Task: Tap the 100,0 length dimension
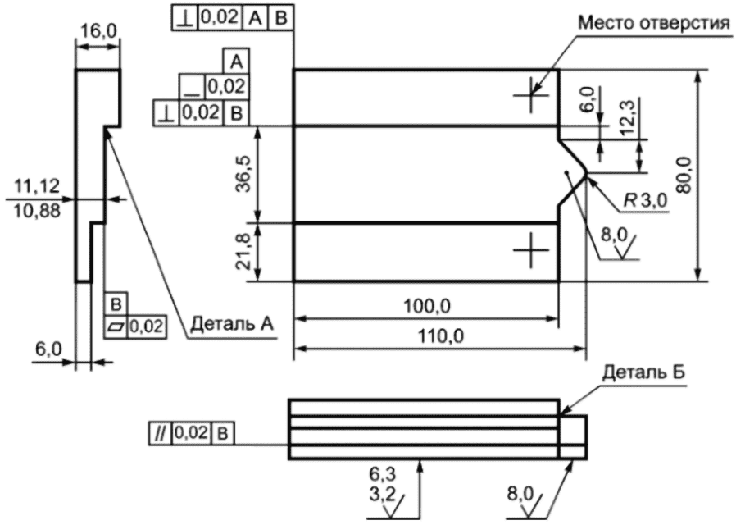tap(427, 307)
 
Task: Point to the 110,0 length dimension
tap(440, 336)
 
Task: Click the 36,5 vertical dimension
tap(244, 173)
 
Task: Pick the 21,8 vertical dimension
tap(244, 251)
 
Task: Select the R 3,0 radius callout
tap(645, 201)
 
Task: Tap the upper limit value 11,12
tap(37, 186)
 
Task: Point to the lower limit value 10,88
tap(37, 212)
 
